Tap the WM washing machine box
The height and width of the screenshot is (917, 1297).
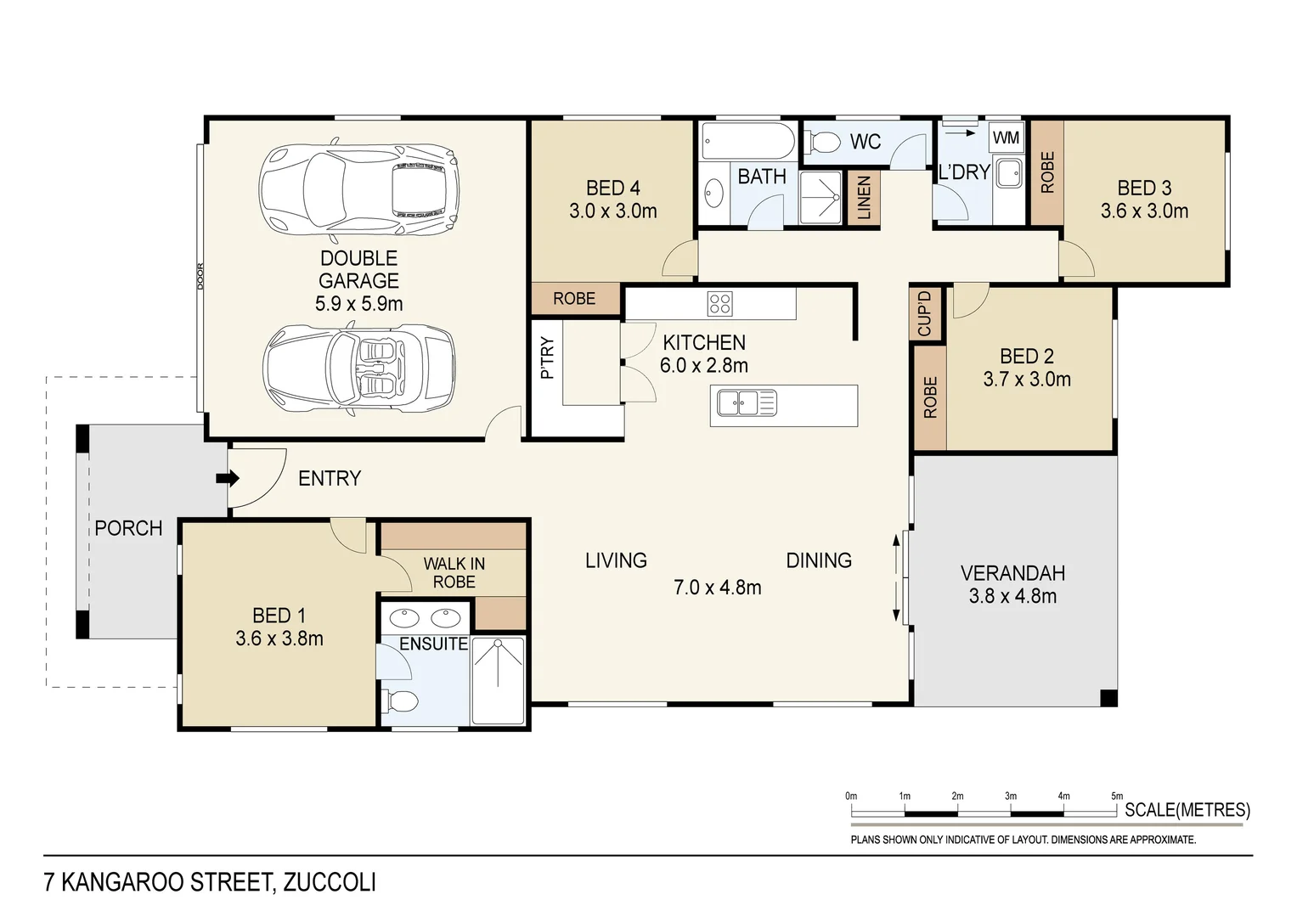pos(1007,138)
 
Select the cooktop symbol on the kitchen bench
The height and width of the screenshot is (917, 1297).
pos(719,303)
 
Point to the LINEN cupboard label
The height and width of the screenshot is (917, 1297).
pos(865,199)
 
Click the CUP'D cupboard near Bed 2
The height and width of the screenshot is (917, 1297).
pos(926,313)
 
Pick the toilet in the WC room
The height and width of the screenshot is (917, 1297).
pos(822,140)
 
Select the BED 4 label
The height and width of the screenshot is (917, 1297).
pos(612,188)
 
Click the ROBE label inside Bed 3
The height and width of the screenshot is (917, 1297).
pos(1047,172)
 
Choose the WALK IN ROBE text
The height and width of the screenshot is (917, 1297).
pos(454,572)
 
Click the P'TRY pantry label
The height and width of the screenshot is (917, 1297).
pos(547,357)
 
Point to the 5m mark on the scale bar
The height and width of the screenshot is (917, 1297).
pos(1117,796)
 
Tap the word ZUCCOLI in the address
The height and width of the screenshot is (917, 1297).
pos(330,882)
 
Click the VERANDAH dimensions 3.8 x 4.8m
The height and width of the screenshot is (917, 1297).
pos(1012,596)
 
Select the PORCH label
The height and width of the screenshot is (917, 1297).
pos(128,528)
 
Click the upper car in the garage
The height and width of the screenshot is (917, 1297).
pos(358,188)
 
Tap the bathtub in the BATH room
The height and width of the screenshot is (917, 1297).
pos(747,141)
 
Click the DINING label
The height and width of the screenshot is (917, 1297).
pos(819,560)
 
